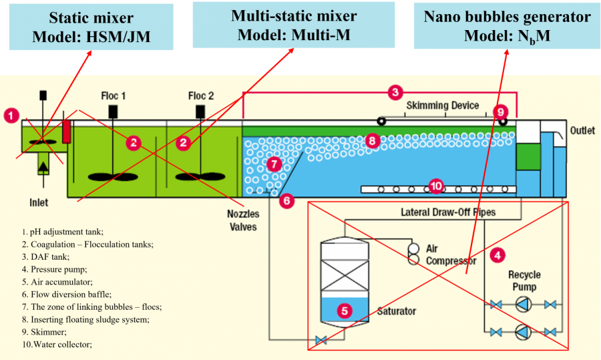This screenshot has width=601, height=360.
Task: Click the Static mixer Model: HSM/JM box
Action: tap(91, 27)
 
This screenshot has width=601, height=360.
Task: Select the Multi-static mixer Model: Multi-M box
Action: tap(293, 25)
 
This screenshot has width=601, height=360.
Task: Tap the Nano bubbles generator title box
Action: tap(507, 26)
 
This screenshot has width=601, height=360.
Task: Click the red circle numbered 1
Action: tap(11, 116)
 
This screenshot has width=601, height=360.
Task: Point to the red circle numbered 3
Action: tap(395, 92)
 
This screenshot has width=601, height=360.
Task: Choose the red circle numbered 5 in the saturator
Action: tap(344, 310)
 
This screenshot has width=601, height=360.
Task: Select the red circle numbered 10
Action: tap(437, 186)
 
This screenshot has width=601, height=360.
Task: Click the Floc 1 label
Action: tap(114, 96)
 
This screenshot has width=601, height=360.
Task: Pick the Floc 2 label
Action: tap(201, 96)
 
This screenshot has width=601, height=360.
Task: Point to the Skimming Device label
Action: tap(443, 106)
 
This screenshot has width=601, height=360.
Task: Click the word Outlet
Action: tap(582, 131)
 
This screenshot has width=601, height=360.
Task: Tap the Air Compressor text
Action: tap(451, 254)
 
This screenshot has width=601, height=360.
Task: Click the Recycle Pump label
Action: tap(524, 281)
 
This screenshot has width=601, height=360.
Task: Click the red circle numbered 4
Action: tap(497, 254)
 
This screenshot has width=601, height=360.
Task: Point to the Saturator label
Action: tap(397, 311)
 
